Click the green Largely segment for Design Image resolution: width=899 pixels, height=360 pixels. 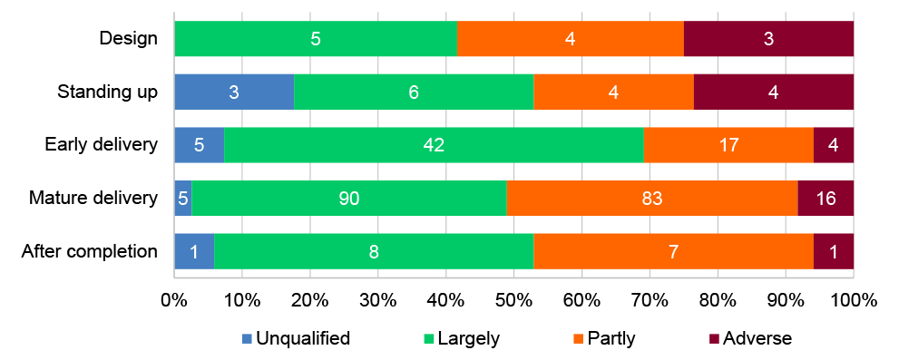coord(315,39)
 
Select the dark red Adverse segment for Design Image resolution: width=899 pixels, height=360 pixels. coord(768,39)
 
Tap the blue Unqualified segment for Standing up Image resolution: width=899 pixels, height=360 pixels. coord(233,92)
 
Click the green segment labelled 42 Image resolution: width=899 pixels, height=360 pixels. coord(434,145)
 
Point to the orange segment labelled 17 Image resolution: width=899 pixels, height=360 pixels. coord(728,145)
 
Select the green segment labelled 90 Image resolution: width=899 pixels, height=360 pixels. coord(348,198)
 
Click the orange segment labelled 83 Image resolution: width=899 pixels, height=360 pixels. coord(652,198)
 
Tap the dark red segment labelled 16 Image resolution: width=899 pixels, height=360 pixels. coord(826,198)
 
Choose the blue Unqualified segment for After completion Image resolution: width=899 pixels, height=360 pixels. coord(193,251)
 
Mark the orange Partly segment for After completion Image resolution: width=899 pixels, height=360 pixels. coord(673,251)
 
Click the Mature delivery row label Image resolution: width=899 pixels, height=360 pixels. coord(93,198)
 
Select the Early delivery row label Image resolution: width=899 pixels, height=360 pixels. coord(103,145)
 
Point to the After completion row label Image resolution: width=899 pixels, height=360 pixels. coord(90,251)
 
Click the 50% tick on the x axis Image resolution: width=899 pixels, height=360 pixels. coord(513,300)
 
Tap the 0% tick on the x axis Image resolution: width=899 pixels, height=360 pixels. coord(174,300)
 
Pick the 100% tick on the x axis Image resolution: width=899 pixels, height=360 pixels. coord(853,300)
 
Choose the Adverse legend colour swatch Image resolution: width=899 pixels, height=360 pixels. coord(715,339)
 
